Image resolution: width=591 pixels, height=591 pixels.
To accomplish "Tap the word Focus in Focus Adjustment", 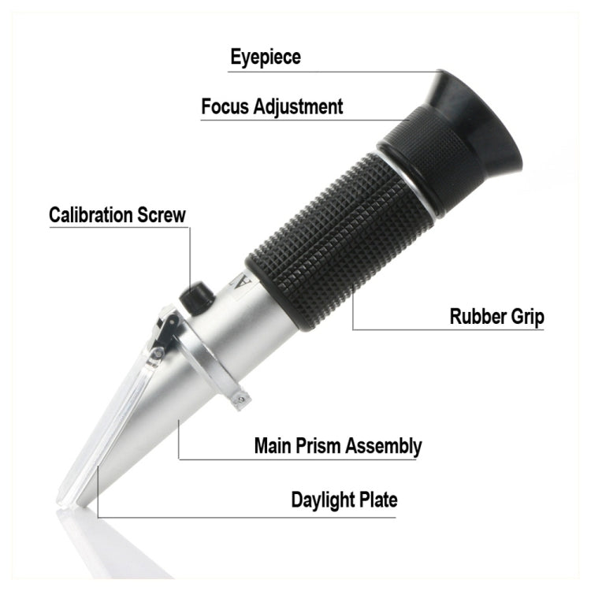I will tap(224, 106).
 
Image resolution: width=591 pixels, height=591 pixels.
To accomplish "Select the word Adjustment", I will tap(297, 107).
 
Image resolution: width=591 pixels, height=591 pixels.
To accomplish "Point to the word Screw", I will tap(165, 214).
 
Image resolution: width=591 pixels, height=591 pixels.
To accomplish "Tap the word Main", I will tap(272, 445).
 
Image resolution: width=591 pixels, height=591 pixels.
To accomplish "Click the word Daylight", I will tap(324, 500).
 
